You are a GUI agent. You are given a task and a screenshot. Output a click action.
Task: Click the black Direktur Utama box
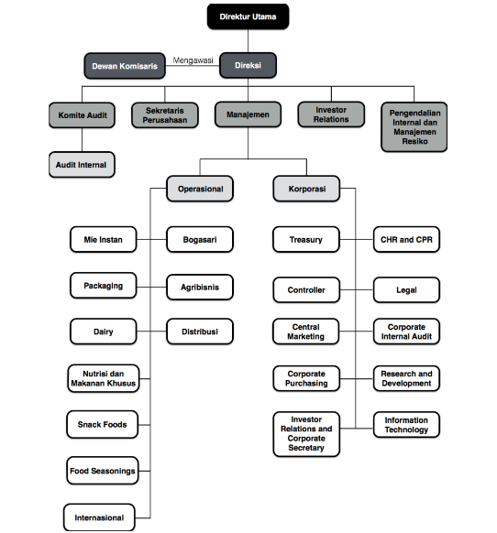(x=248, y=16)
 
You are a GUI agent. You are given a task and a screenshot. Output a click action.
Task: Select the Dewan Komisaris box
(x=125, y=66)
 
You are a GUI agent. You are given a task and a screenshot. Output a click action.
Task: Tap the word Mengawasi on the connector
(x=193, y=60)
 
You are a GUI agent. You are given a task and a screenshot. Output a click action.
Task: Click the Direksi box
(x=248, y=65)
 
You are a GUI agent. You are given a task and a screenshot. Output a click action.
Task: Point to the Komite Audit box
(x=82, y=115)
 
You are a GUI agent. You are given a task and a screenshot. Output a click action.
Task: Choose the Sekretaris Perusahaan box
(x=165, y=115)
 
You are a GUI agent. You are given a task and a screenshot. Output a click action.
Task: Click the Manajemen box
(x=248, y=114)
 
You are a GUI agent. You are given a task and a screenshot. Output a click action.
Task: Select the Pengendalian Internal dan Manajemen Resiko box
(x=414, y=126)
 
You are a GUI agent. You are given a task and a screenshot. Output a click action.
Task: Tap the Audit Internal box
(x=82, y=165)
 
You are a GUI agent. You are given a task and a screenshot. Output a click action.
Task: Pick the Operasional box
(x=200, y=189)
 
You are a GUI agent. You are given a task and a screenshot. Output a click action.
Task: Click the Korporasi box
(x=306, y=189)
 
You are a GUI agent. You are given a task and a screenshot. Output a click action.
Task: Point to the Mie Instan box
(x=103, y=239)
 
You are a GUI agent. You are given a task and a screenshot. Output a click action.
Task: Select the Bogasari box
(x=200, y=239)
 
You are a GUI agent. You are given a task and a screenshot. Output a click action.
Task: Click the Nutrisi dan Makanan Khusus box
(x=104, y=378)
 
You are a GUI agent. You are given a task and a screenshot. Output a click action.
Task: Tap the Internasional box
(x=99, y=517)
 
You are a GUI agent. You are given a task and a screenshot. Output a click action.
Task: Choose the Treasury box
(x=306, y=239)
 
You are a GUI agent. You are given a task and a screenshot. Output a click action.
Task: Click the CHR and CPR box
(x=406, y=239)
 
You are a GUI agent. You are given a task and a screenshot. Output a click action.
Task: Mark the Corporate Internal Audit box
(x=406, y=332)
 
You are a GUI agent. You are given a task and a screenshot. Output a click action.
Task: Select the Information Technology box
(x=406, y=425)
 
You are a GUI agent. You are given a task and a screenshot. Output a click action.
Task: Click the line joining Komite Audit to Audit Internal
(x=82, y=140)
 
